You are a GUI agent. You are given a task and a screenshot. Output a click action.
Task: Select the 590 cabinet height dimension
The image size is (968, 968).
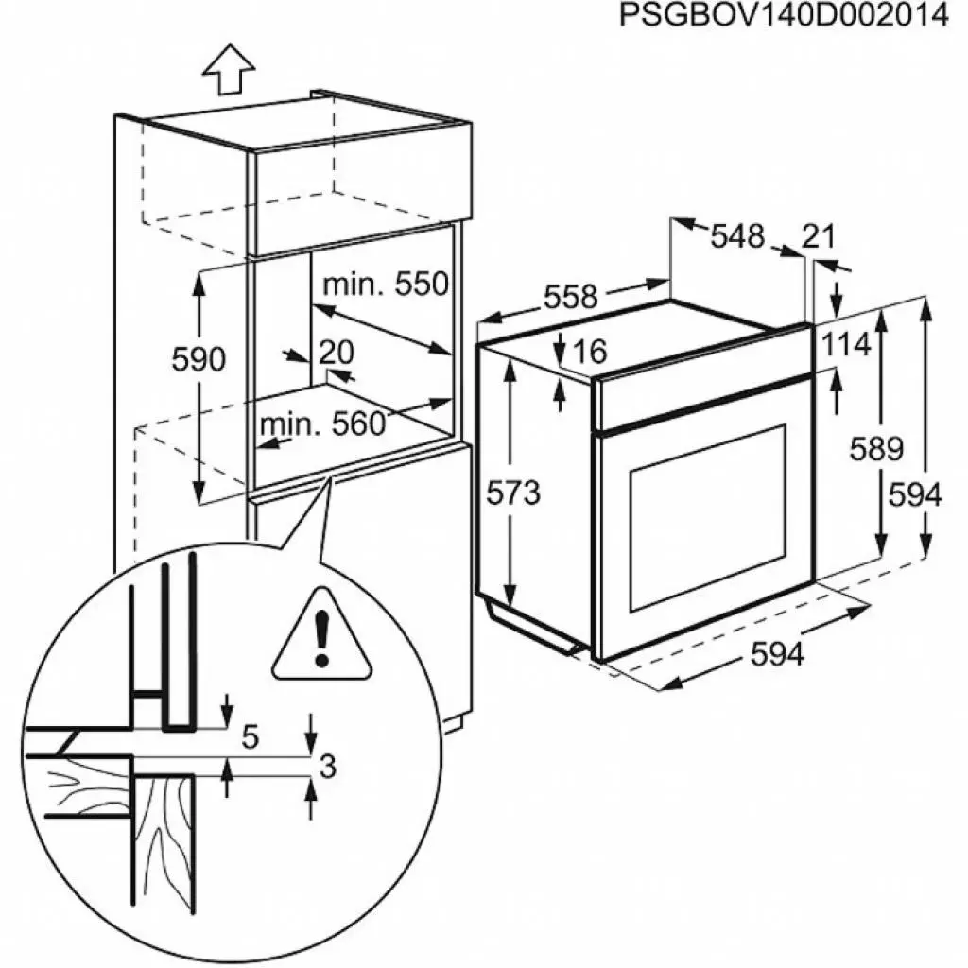[199, 359]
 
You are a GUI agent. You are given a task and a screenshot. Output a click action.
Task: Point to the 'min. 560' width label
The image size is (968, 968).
[323, 424]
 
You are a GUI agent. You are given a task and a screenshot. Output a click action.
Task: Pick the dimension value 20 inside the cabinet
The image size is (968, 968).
[336, 352]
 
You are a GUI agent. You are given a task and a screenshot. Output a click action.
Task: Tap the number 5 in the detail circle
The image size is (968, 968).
[250, 736]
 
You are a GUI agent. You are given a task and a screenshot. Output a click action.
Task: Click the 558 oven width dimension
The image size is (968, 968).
[571, 297]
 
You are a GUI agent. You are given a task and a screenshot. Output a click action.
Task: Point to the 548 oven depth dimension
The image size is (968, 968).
[737, 235]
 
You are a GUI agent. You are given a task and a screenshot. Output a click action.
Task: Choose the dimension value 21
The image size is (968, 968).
[819, 236]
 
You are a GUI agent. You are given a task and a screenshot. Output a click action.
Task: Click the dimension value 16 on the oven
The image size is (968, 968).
[588, 351]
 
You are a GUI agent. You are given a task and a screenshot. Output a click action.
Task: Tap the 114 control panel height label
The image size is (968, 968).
[845, 345]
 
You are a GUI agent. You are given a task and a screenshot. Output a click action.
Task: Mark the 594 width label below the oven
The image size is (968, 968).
[777, 653]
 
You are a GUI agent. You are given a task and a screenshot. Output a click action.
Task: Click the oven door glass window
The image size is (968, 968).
[706, 515]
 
